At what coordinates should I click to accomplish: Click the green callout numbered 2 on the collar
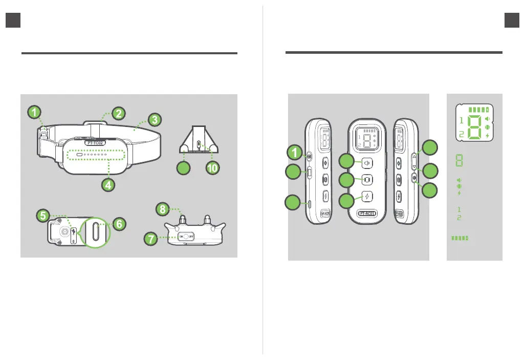click(117, 113)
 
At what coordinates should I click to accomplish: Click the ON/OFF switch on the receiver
click(187, 237)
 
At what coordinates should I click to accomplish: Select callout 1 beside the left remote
click(292, 152)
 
